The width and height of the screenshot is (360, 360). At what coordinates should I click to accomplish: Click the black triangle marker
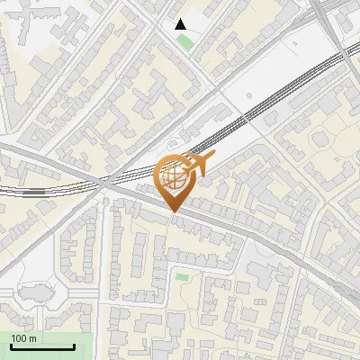pyautogui.click(x=181, y=24)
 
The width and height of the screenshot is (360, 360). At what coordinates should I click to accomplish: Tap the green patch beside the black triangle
pyautogui.click(x=185, y=41)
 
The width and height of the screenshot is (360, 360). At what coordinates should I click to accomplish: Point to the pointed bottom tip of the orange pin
pyautogui.click(x=173, y=212)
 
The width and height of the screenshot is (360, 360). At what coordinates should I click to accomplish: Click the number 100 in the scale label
pyautogui.click(x=20, y=338)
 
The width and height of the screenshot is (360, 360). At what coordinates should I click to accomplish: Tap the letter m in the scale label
pyautogui.click(x=34, y=338)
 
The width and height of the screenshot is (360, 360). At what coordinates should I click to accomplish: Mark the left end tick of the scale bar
pyautogui.click(x=12, y=346)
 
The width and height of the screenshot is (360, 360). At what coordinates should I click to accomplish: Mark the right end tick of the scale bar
pyautogui.click(x=74, y=346)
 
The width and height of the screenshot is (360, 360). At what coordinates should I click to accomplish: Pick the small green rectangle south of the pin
pyautogui.click(x=182, y=276)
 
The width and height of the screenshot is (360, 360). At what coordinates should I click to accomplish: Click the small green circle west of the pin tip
pyautogui.click(x=106, y=201)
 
